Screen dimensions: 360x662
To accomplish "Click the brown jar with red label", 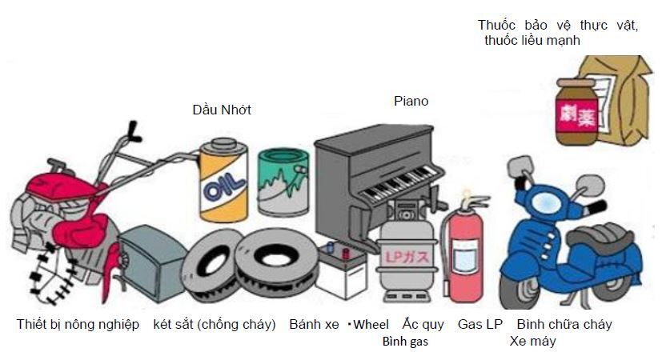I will (x=578, y=112).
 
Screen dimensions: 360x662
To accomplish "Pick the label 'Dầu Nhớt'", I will (x=222, y=110).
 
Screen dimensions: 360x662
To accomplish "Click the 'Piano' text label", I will (x=411, y=102).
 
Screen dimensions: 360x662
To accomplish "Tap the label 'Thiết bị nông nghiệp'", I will (x=78, y=325).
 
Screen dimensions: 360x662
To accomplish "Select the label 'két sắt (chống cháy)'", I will (x=215, y=325).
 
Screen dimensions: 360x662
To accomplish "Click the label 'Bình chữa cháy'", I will (x=564, y=325).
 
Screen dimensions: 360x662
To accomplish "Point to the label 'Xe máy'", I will (x=532, y=342).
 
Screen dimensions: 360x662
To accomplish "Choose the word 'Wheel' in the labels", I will (x=371, y=325).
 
